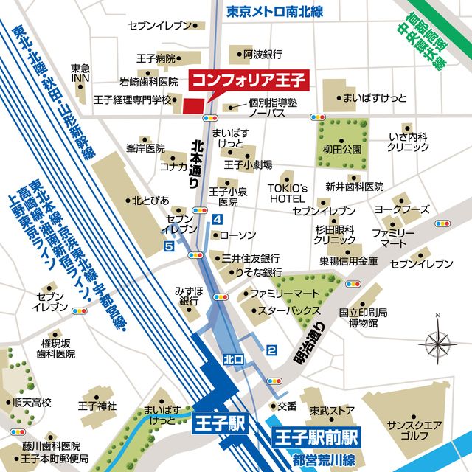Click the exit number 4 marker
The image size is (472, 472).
217,219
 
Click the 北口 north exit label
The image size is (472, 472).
232,359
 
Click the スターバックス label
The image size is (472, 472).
288,310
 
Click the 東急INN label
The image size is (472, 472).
80,73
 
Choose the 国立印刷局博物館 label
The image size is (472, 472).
358,317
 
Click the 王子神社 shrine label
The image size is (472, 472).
97,406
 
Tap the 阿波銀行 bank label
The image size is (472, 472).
263,53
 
